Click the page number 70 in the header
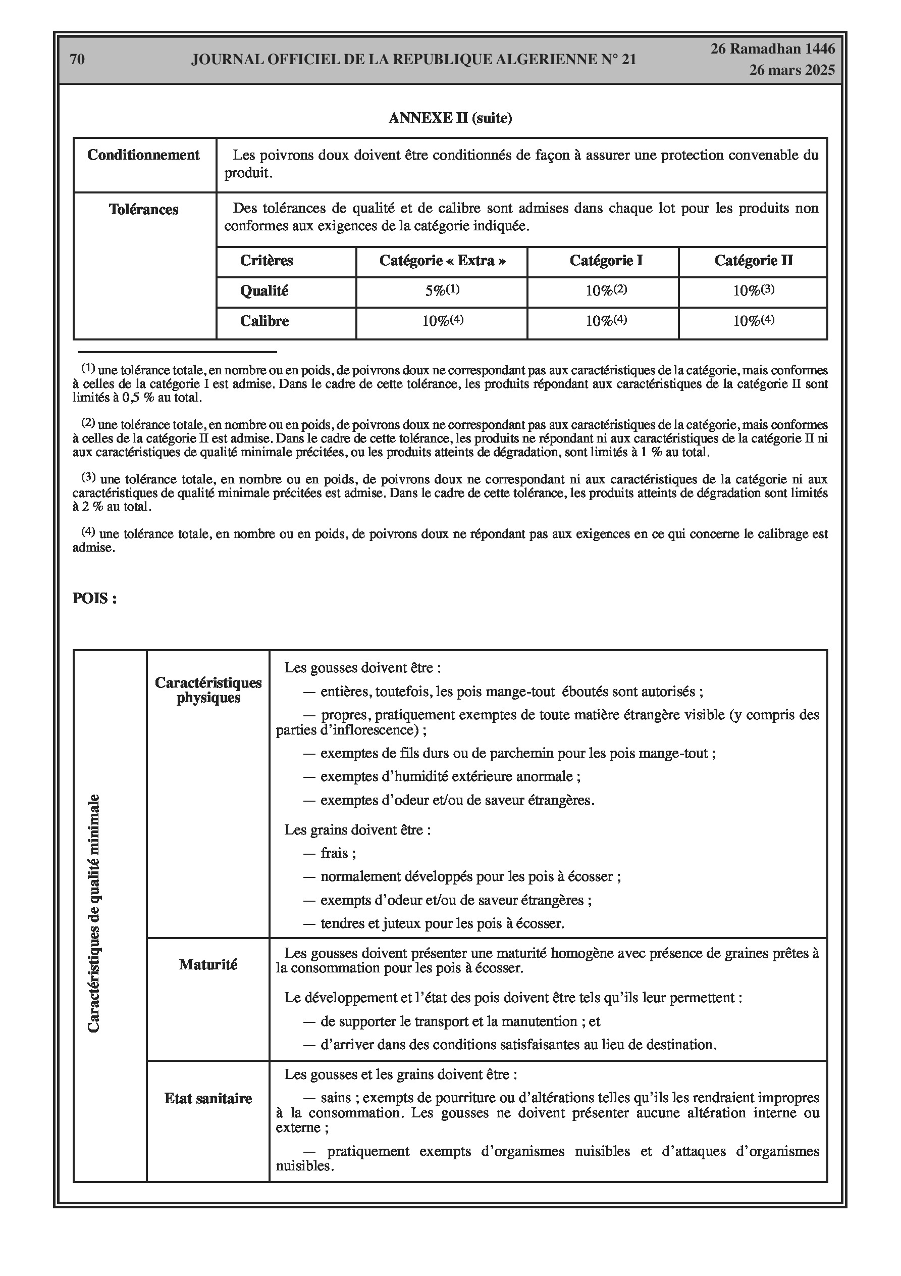click(x=77, y=60)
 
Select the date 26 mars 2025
click(x=791, y=70)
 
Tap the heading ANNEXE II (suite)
click(x=450, y=118)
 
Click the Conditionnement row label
click(x=143, y=155)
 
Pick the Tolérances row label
click(x=143, y=210)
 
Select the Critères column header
click(x=266, y=261)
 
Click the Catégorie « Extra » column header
click(x=442, y=261)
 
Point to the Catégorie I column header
click(x=606, y=261)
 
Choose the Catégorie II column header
click(x=753, y=261)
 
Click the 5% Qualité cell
click(x=442, y=290)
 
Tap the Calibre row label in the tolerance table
click(x=264, y=321)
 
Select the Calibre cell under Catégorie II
click(x=753, y=321)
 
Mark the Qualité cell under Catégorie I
click(x=606, y=290)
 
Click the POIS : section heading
click(x=94, y=599)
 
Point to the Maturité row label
click(x=208, y=964)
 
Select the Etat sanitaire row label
click(x=208, y=1098)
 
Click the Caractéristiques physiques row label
click(x=208, y=690)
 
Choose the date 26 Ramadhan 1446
click(x=773, y=49)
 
